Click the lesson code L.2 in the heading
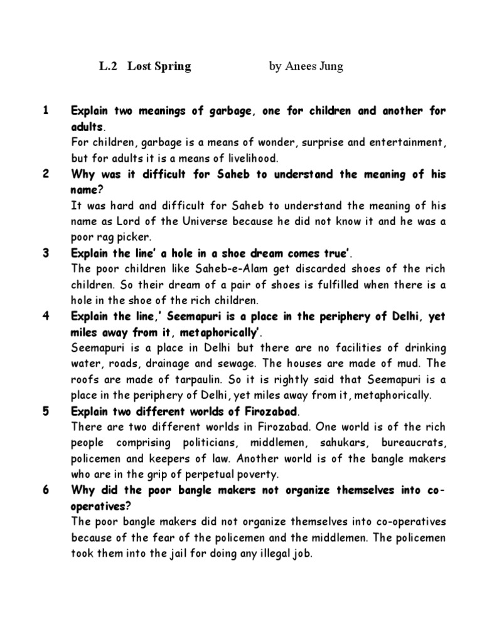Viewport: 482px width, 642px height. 108,66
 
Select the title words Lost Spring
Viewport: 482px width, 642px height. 159,66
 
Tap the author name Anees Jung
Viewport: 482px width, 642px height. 315,66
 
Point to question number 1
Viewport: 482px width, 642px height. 45,111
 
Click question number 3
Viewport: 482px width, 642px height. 45,253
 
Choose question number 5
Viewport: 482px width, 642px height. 45,411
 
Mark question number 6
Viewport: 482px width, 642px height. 45,490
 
